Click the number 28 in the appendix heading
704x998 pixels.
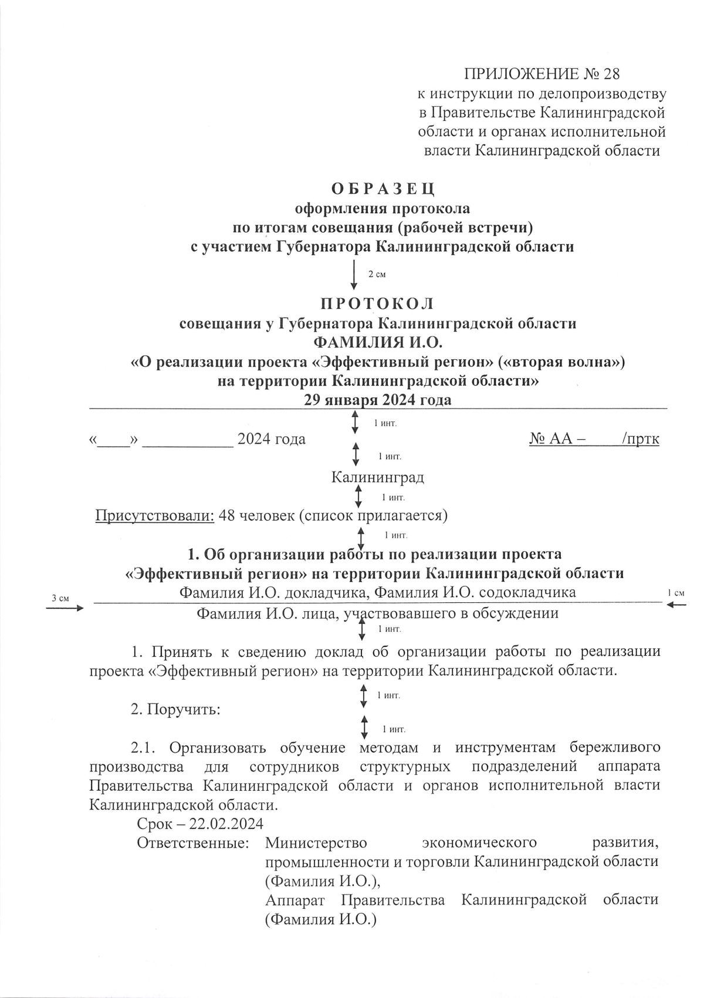pyautogui.click(x=611, y=75)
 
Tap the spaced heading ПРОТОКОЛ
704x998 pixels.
pyautogui.click(x=377, y=304)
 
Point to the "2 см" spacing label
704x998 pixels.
pyautogui.click(x=376, y=275)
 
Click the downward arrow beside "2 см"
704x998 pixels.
pyautogui.click(x=354, y=274)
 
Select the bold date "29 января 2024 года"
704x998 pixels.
pyautogui.click(x=377, y=400)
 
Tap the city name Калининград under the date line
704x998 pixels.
pyautogui.click(x=377, y=477)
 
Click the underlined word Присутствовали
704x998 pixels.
pyautogui.click(x=155, y=515)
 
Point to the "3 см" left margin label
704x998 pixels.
pyautogui.click(x=60, y=598)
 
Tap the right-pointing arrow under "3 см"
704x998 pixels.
pyautogui.click(x=65, y=608)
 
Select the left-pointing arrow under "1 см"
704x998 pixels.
pyautogui.click(x=676, y=605)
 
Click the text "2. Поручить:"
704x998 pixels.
pyautogui.click(x=175, y=709)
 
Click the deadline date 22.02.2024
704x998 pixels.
pyautogui.click(x=226, y=824)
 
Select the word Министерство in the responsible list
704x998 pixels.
pyautogui.click(x=316, y=843)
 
